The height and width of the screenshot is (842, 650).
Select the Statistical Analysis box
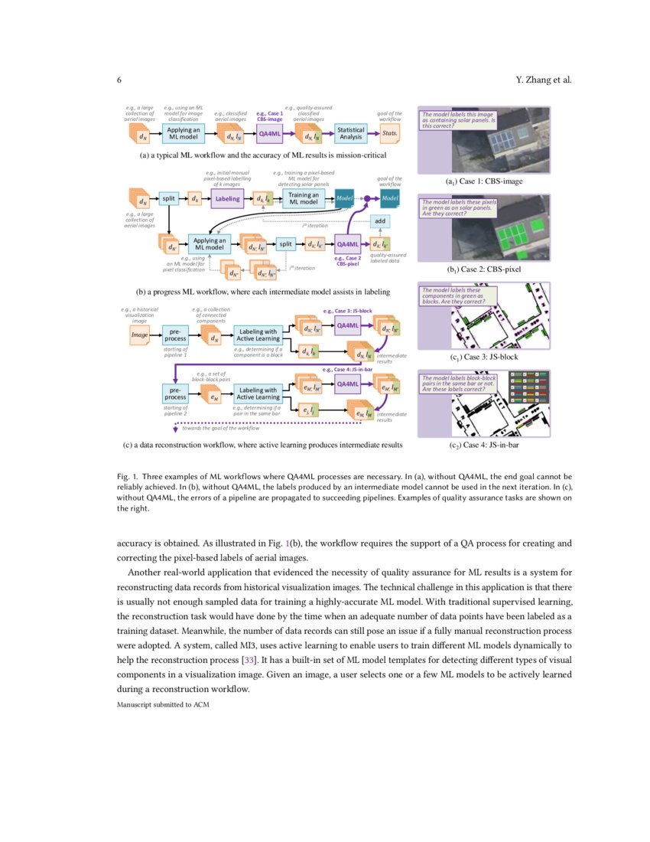[x=351, y=134]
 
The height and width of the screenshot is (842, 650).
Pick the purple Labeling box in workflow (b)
[x=226, y=198]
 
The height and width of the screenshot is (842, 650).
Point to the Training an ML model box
[x=304, y=198]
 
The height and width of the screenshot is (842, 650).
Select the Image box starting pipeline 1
[x=139, y=335]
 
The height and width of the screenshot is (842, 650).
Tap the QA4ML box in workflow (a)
[x=270, y=134]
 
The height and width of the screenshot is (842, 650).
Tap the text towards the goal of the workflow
[x=221, y=428]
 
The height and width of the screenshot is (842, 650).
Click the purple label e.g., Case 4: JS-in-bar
[x=348, y=370]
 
